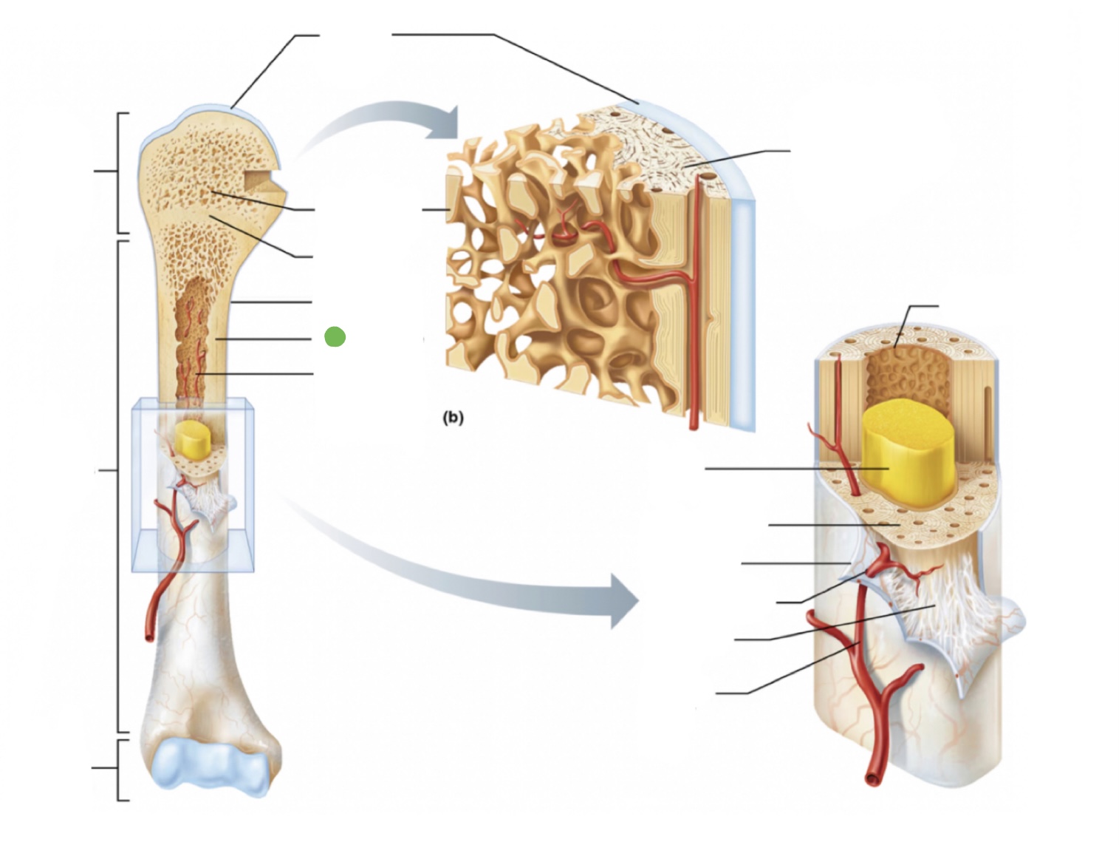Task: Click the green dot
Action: [335, 337]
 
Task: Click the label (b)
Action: [453, 418]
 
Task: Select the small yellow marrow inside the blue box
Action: [193, 440]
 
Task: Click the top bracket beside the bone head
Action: [118, 172]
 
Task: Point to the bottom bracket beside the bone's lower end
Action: [118, 769]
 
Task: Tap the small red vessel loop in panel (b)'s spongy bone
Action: [565, 235]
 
